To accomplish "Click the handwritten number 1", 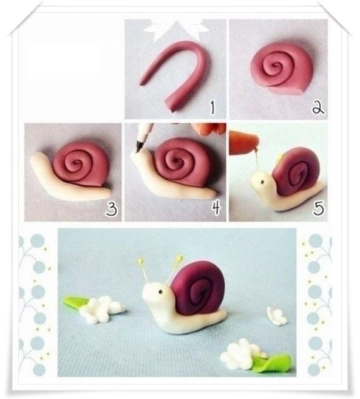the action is click(x=212, y=107).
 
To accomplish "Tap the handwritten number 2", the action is click(x=318, y=107).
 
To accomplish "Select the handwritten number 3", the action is click(x=112, y=209).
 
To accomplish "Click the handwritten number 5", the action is click(x=319, y=208).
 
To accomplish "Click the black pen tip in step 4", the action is click(x=138, y=147).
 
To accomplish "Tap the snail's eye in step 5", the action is click(x=262, y=182).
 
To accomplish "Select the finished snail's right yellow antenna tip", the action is click(x=180, y=257).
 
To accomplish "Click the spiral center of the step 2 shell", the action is click(x=275, y=66).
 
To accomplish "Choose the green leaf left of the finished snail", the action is click(x=76, y=302).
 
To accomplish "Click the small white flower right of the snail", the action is click(x=277, y=316).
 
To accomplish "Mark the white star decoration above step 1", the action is click(x=176, y=31).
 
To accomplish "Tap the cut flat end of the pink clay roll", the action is click(x=171, y=106).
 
